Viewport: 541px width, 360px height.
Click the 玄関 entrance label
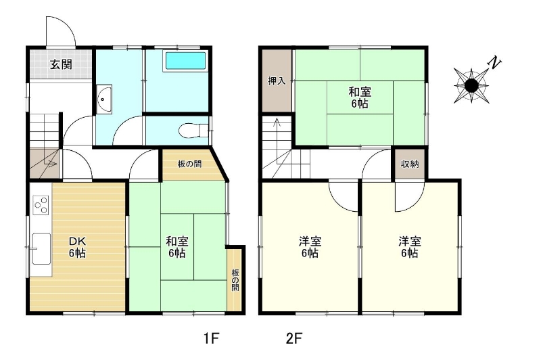click(x=61, y=64)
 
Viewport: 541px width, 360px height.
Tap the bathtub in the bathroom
click(x=185, y=61)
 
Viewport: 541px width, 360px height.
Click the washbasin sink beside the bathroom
click(x=104, y=99)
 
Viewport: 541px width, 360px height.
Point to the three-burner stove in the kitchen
click(x=41, y=205)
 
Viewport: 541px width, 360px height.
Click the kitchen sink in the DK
click(x=41, y=249)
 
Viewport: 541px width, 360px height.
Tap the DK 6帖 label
click(x=77, y=247)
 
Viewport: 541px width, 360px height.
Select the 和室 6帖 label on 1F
click(x=177, y=247)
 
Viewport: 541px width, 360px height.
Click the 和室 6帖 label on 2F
click(x=360, y=97)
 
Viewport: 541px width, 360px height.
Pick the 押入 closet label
click(x=277, y=81)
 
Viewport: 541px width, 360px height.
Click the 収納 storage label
click(x=410, y=164)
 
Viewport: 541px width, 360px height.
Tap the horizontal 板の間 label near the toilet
click(x=189, y=164)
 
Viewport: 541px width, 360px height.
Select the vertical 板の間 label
click(x=235, y=279)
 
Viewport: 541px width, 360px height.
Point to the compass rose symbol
click(x=471, y=85)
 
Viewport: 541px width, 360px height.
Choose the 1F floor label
click(x=211, y=338)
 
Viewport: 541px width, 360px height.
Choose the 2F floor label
click(x=294, y=338)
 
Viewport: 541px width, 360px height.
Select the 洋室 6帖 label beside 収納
click(x=410, y=247)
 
